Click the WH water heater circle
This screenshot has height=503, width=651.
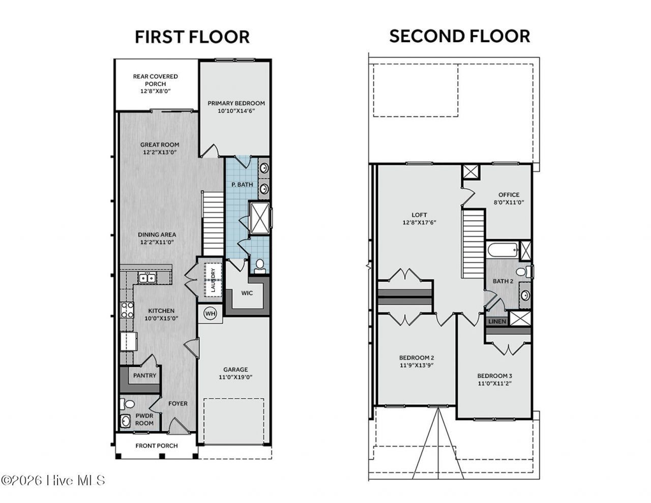[x=211, y=314]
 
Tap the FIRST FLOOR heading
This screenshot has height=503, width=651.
[x=192, y=37]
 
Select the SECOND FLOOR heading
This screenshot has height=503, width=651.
[x=460, y=36]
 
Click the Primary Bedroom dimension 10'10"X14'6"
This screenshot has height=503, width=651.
[x=236, y=111]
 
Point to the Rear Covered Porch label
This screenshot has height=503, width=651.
[x=156, y=80]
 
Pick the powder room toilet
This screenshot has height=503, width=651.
[x=127, y=404]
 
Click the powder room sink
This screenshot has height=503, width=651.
[x=126, y=422]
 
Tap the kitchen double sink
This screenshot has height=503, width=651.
[x=147, y=278]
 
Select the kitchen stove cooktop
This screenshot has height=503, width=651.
[x=127, y=310]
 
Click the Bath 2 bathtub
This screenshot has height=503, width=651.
[x=502, y=250]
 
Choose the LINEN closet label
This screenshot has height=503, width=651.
[x=497, y=321]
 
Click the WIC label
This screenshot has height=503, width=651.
[x=247, y=293]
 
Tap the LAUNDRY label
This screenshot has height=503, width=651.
[x=213, y=280]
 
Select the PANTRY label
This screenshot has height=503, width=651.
[x=145, y=375]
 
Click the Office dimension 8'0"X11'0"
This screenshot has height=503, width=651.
[x=509, y=202]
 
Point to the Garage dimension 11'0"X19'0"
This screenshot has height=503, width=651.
[x=235, y=377]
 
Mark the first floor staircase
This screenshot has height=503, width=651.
[x=213, y=223]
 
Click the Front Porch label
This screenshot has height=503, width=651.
[x=156, y=446]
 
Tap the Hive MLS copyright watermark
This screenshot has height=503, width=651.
[x=53, y=481]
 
